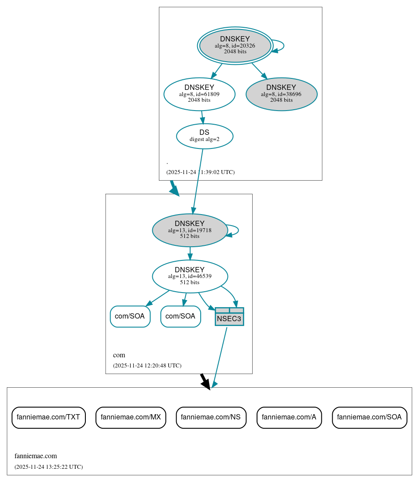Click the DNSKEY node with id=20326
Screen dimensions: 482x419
pos(235,45)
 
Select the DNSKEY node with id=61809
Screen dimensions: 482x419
pos(199,94)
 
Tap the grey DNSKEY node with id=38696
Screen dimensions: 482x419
pos(281,94)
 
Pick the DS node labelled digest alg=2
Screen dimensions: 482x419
pos(205,136)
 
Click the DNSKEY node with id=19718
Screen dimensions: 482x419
pos(190,230)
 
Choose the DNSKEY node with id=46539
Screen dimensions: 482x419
pos(190,276)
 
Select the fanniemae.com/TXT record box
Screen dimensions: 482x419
pos(48,417)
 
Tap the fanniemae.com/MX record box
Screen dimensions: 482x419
pos(131,417)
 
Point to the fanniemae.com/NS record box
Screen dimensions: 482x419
pos(211,417)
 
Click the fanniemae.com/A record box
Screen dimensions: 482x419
pos(289,417)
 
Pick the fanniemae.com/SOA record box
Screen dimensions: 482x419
pos(369,417)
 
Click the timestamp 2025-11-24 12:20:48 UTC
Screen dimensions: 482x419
pos(147,366)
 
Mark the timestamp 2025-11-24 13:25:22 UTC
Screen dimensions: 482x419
pos(48,467)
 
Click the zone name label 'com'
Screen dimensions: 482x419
pos(119,355)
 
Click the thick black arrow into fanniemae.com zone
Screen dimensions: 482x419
pos(205,381)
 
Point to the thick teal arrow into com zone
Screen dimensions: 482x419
pos(174,188)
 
